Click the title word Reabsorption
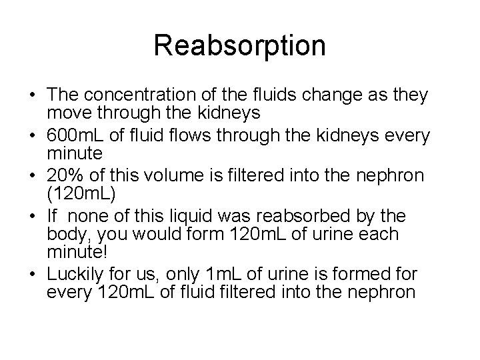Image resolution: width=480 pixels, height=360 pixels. pos(239,46)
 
